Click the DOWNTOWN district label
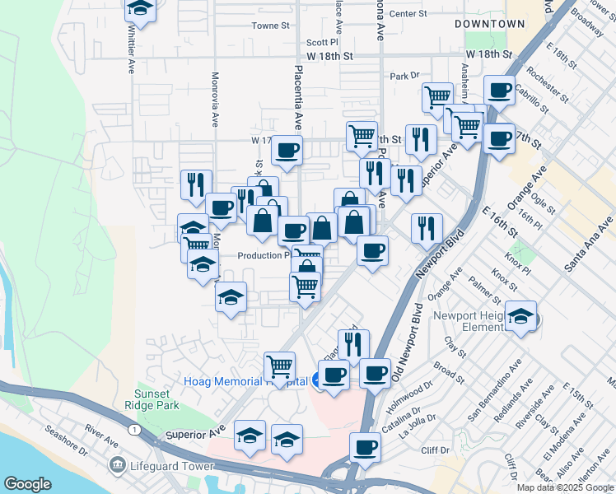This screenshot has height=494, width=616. (490, 24)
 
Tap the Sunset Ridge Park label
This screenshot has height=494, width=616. (156, 399)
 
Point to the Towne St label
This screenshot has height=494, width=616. (271, 26)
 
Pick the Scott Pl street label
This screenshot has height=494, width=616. (322, 42)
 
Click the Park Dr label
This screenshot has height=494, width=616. (404, 76)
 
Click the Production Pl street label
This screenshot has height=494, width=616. (264, 255)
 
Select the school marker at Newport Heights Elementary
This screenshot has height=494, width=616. (521, 316)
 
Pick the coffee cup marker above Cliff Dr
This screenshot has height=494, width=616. (364, 448)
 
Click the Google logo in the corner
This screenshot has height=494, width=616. (27, 484)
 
